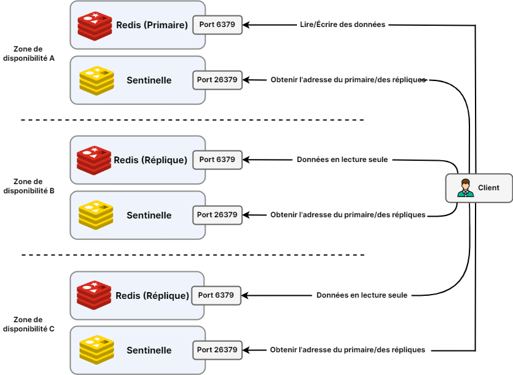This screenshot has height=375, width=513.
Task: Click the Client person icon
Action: (x=466, y=188)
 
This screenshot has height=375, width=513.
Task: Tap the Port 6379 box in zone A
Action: (x=217, y=25)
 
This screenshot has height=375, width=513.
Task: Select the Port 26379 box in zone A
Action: (x=217, y=80)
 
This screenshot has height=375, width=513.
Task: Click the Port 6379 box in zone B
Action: (x=217, y=160)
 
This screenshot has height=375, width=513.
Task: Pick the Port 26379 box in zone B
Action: (x=217, y=215)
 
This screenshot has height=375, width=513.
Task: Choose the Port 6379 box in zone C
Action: (x=216, y=295)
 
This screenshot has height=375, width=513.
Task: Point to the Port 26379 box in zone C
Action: (x=217, y=350)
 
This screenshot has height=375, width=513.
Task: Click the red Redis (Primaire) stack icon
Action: (x=94, y=25)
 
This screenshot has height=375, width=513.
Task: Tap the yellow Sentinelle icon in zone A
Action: (x=96, y=80)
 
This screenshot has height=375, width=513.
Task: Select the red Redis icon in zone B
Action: (x=94, y=160)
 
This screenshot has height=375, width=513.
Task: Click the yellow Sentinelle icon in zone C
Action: (x=96, y=350)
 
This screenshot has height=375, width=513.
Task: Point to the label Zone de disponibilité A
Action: (x=29, y=54)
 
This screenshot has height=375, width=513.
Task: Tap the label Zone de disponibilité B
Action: (x=29, y=186)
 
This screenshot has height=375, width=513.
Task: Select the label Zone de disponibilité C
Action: (x=29, y=324)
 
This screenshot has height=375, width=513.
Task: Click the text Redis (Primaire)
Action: (x=152, y=25)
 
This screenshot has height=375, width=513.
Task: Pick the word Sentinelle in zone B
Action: (x=149, y=215)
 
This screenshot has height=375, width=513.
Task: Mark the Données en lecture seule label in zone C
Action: (x=362, y=295)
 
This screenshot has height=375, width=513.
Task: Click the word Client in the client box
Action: (x=488, y=188)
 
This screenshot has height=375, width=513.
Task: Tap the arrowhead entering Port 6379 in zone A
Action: (x=246, y=25)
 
